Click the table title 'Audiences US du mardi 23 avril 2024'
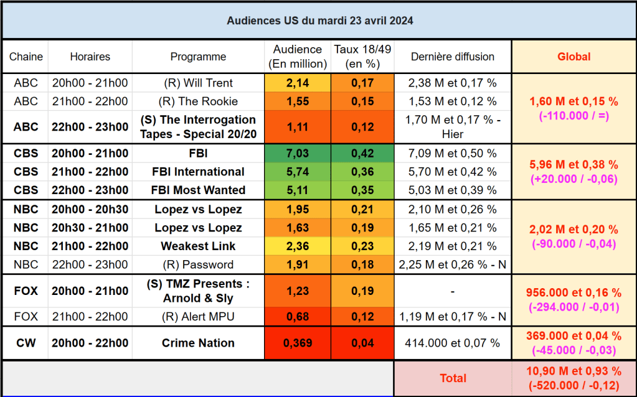pyautogui.click(x=319, y=21)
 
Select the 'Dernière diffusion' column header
pyautogui.click(x=453, y=57)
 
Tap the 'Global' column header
pyautogui.click(x=573, y=57)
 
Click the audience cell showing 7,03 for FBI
pyautogui.click(x=297, y=153)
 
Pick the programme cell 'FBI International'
pyautogui.click(x=198, y=172)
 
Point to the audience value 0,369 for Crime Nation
pyautogui.click(x=297, y=343)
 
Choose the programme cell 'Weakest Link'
pyautogui.click(x=198, y=246)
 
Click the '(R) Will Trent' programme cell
pyautogui.click(x=198, y=83)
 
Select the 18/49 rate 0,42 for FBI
pyautogui.click(x=362, y=153)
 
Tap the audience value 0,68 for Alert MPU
pyautogui.click(x=297, y=317)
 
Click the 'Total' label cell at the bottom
pyautogui.click(x=453, y=378)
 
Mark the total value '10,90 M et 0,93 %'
pyautogui.click(x=573, y=371)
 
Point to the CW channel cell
pyautogui.click(x=26, y=343)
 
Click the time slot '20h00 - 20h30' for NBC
pyautogui.click(x=90, y=209)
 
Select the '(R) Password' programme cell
pyautogui.click(x=198, y=264)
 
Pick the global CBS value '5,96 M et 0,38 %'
pyautogui.click(x=573, y=165)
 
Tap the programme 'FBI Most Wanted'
pyautogui.click(x=198, y=190)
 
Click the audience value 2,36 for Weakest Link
pyautogui.click(x=297, y=246)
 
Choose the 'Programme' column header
pyautogui.click(x=198, y=57)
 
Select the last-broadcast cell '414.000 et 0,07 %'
pyautogui.click(x=453, y=343)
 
